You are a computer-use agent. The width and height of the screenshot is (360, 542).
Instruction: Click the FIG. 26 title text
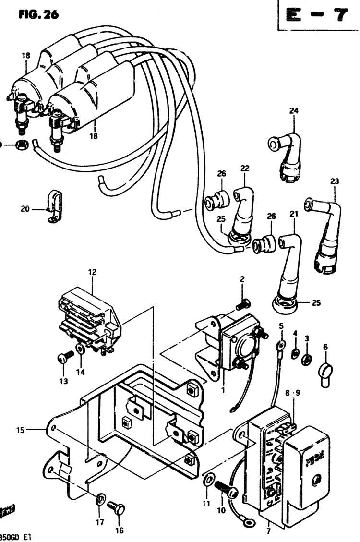[38, 14]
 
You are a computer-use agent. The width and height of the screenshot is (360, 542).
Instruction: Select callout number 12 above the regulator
[92, 272]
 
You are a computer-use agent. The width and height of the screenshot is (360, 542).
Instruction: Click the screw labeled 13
[66, 356]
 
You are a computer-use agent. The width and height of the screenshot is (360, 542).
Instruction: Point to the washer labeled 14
[80, 348]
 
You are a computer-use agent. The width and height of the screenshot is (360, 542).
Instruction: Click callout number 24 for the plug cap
[293, 111]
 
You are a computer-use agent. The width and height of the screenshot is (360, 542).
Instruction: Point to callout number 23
[335, 181]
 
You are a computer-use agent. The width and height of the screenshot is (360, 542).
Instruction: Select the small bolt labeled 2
[244, 304]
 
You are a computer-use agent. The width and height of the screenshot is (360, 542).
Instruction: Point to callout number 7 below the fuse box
[268, 531]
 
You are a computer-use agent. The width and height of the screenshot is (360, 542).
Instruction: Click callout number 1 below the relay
[223, 390]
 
